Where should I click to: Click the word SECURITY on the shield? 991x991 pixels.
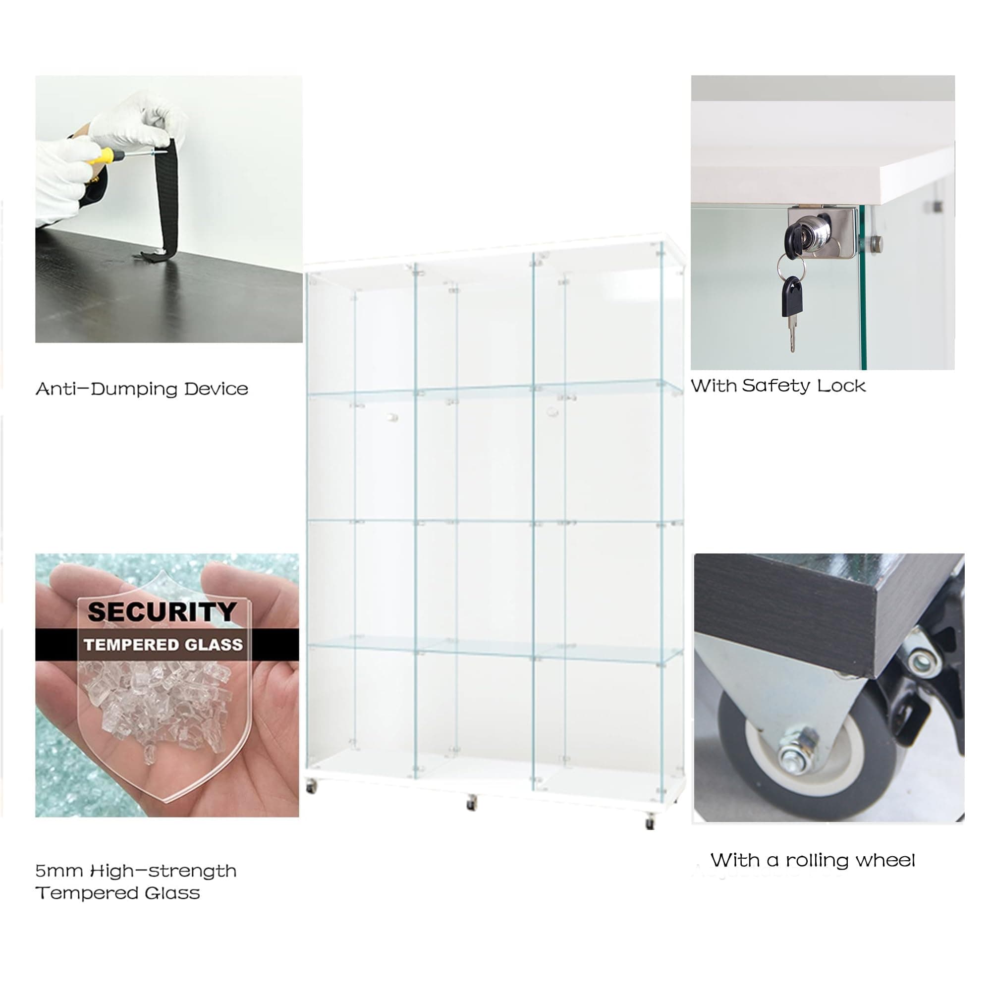tap(162, 611)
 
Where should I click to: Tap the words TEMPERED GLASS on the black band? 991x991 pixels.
tap(163, 645)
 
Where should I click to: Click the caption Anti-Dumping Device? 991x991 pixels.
tap(142, 389)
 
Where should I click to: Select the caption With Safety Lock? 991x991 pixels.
tap(778, 385)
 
